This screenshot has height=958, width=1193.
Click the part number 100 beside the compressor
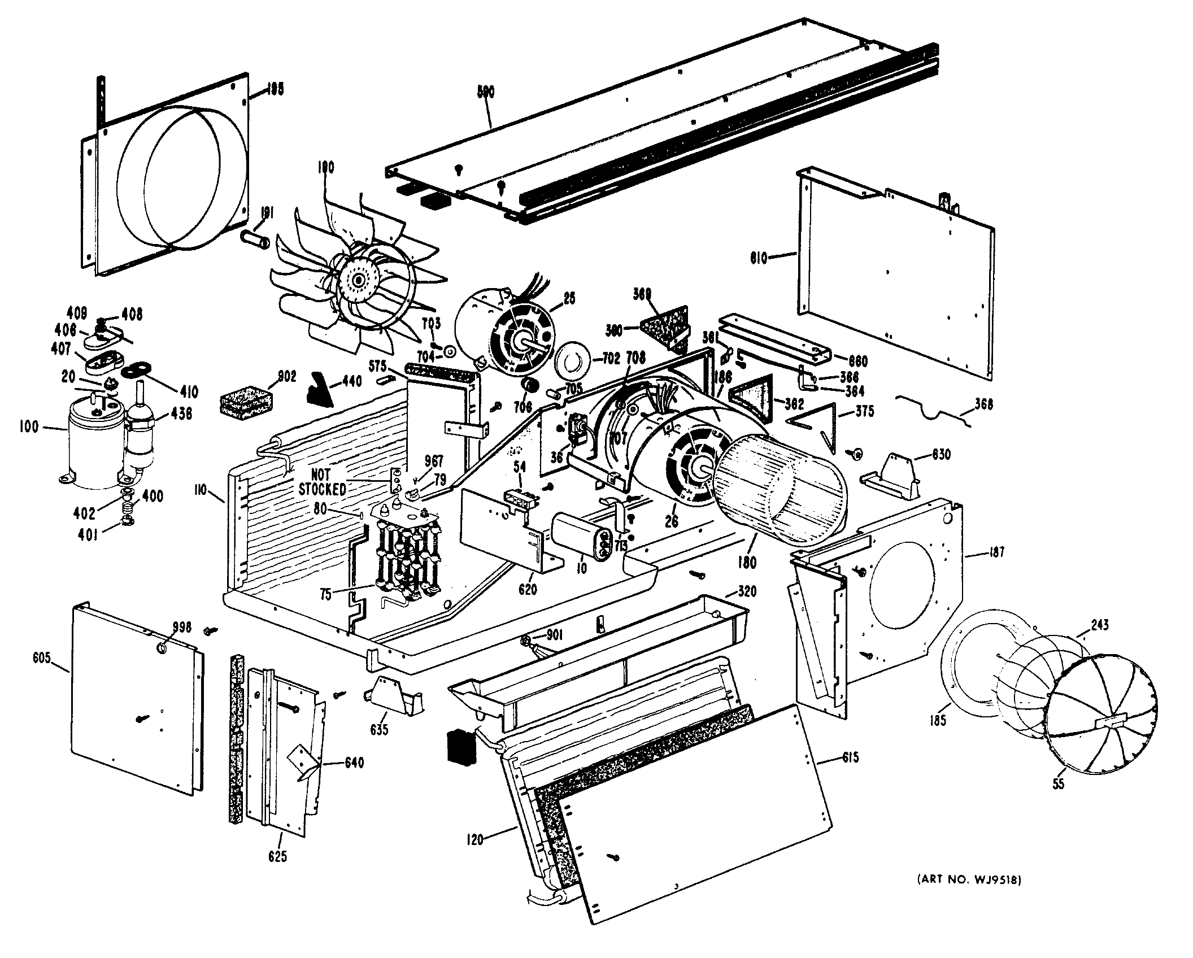point(28,426)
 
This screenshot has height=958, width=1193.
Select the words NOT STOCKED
point(321,482)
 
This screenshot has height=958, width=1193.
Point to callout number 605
point(42,658)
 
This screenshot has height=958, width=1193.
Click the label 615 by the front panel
point(849,757)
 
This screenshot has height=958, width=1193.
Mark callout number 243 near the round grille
point(1099,625)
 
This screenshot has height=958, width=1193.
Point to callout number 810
point(759,258)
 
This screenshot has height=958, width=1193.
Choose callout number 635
point(379,729)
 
